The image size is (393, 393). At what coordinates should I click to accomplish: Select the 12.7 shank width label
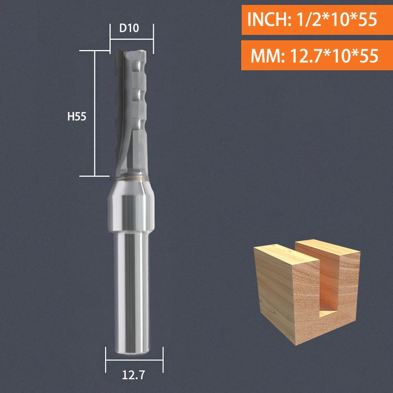134,377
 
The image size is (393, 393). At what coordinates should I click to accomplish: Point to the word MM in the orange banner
263,56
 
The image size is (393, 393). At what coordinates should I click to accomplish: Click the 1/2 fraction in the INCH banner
307,20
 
